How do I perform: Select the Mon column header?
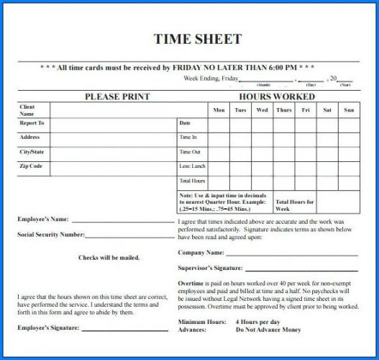point(219,110)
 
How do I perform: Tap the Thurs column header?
point(284,110)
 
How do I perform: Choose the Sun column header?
point(349,110)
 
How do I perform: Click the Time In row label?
point(188,137)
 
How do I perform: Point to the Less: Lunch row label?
point(191,166)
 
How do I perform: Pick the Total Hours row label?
point(192,181)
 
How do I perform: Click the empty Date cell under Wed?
point(262,124)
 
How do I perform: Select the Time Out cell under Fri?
point(306,152)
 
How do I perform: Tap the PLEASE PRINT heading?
point(117,96)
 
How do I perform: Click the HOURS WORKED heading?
point(276,96)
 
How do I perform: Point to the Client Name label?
point(27,110)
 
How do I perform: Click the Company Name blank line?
point(291,254)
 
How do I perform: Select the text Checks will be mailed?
point(109,257)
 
